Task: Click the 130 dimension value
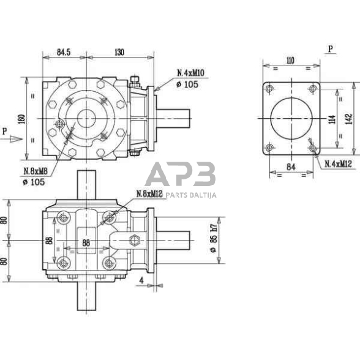[x=119, y=53]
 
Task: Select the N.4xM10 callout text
[x=191, y=73]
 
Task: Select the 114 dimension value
[x=331, y=118]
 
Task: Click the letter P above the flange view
[x=331, y=48]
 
